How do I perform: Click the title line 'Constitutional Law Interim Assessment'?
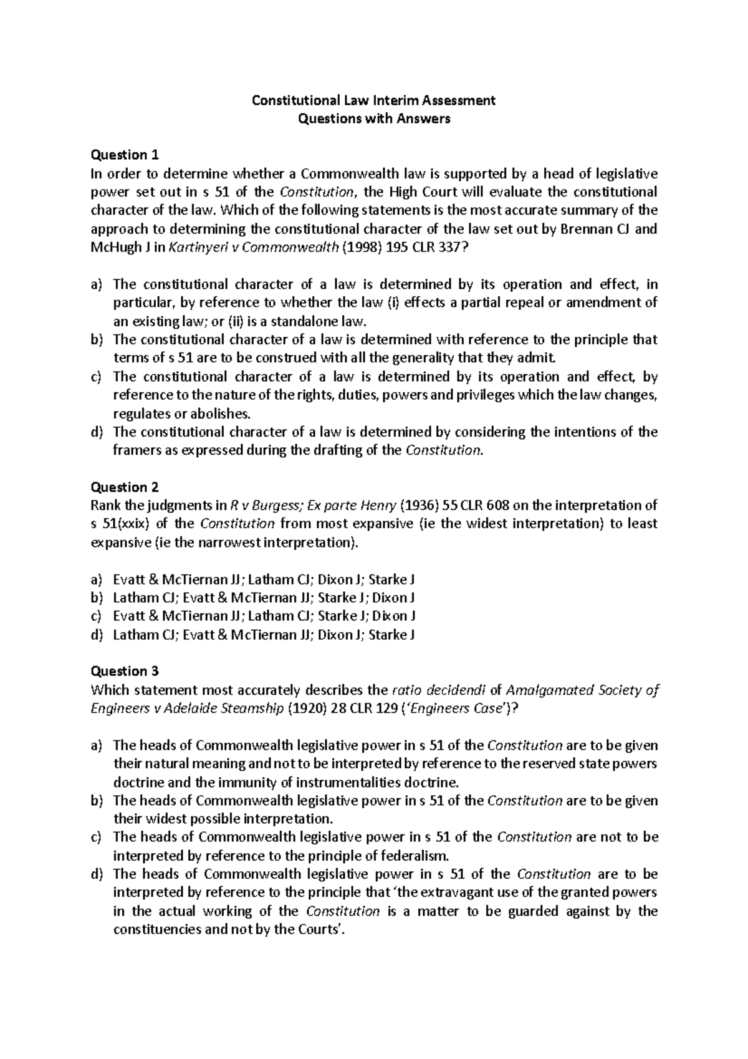(x=373, y=100)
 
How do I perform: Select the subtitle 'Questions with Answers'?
(x=373, y=118)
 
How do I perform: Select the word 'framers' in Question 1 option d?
(x=134, y=450)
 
